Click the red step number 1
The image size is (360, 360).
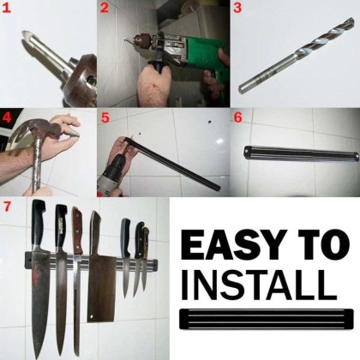6,8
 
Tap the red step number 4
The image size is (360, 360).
6,117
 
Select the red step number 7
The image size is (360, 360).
6,207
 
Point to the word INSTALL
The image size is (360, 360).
259,283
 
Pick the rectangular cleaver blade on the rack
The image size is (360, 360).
101,289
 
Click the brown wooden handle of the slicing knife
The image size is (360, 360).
77,231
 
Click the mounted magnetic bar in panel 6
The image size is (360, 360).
301,152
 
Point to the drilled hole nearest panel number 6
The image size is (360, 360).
209,122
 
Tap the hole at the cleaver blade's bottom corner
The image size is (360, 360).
91,316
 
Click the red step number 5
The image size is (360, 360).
105,117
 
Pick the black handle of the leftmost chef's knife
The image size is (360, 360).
39,223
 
